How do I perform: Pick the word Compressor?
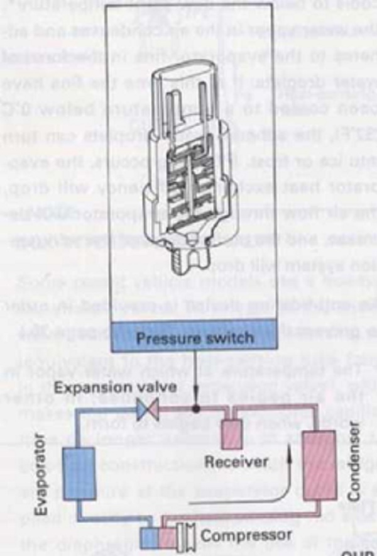click(x=248, y=537)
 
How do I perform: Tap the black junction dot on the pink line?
click(x=196, y=408)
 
